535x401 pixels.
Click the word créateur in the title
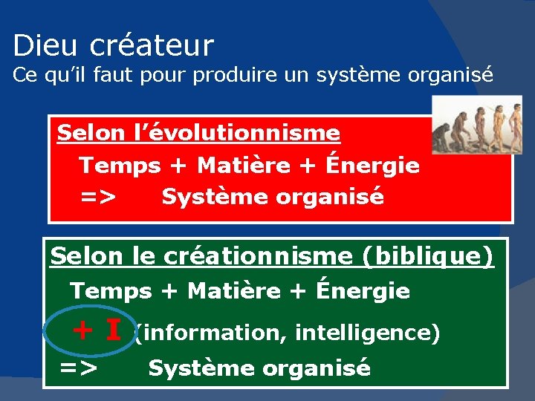pos(152,46)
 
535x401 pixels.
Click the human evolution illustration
pos(477,125)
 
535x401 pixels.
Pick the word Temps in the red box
pos(119,166)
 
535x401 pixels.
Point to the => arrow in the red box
pos(98,198)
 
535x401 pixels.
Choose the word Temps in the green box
pos(110,291)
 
